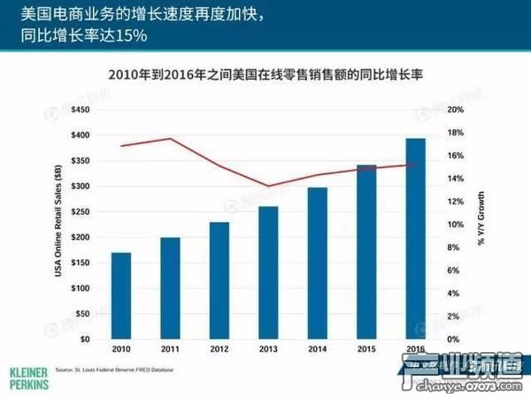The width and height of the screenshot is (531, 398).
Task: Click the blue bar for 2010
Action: tap(121, 295)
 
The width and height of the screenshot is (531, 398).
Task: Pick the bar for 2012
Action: tap(219, 280)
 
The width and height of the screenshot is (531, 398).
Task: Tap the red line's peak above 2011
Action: tap(170, 139)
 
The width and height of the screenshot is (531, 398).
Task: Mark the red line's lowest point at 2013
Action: tap(267, 186)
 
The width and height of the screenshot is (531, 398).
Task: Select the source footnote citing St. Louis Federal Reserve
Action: tap(114, 369)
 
